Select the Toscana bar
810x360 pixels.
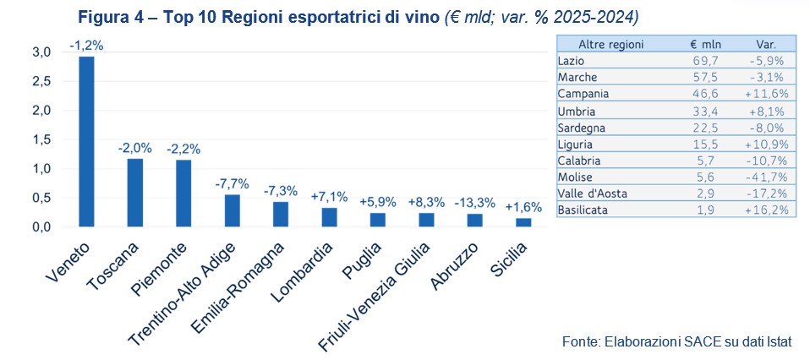point(134,193)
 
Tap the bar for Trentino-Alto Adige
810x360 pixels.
point(232,210)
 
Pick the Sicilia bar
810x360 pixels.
point(523,222)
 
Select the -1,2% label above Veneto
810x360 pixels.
point(86,46)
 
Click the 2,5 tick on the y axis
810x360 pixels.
point(41,81)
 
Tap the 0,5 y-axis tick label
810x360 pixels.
point(41,198)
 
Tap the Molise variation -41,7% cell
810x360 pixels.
point(769,177)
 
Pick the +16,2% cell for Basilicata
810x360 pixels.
point(769,210)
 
